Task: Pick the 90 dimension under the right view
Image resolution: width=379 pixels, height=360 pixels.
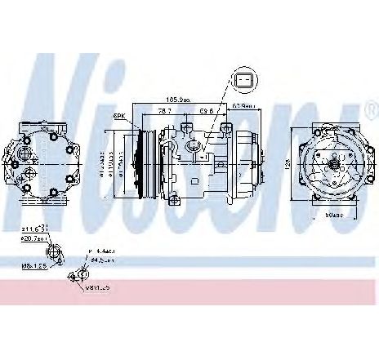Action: [x=333, y=215]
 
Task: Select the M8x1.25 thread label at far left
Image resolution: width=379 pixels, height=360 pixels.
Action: [x=34, y=264]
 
